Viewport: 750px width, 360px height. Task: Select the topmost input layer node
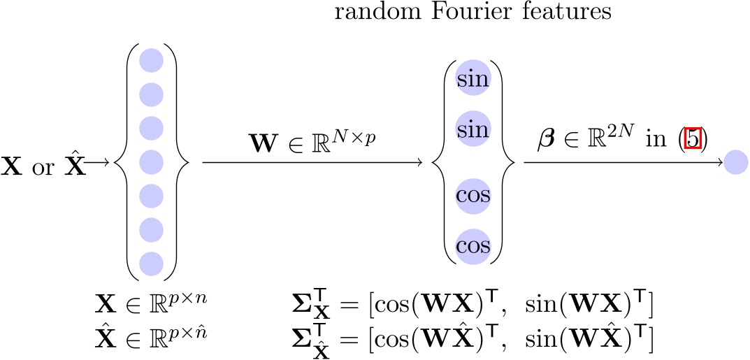click(x=151, y=60)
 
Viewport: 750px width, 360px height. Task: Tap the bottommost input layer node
click(x=151, y=264)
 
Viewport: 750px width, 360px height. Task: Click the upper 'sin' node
click(x=473, y=78)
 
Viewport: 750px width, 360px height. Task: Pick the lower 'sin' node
click(x=473, y=129)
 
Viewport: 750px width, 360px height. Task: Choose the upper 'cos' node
click(x=473, y=195)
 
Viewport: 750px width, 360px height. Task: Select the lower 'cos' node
click(x=473, y=245)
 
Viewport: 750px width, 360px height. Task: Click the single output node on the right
click(x=736, y=163)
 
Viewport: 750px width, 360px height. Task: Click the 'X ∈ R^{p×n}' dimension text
click(x=151, y=305)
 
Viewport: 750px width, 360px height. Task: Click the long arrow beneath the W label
click(x=312, y=163)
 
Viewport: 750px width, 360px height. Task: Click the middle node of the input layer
click(x=151, y=162)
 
